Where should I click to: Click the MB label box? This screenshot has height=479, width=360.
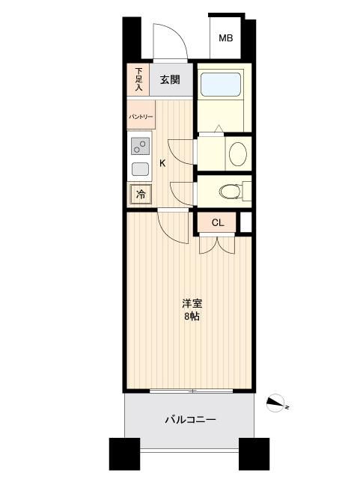224,37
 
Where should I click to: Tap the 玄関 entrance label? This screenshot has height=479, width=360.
170,80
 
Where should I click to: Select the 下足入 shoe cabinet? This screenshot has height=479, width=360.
138,80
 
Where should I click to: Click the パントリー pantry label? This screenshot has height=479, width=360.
141,118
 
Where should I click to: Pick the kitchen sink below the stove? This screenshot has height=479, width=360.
140,168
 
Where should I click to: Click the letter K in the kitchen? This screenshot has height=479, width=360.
162,163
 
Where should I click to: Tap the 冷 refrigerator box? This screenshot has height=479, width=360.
140,194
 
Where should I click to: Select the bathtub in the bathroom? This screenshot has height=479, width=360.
222,85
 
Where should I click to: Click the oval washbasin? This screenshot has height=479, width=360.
237,154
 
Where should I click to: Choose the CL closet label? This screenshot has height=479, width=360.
217,222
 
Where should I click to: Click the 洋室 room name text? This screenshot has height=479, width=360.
192,303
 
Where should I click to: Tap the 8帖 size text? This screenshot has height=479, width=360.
192,317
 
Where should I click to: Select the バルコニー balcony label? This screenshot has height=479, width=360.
190,420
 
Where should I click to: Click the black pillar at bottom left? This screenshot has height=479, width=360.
124,453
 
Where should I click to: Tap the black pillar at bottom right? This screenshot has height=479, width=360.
254,453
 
